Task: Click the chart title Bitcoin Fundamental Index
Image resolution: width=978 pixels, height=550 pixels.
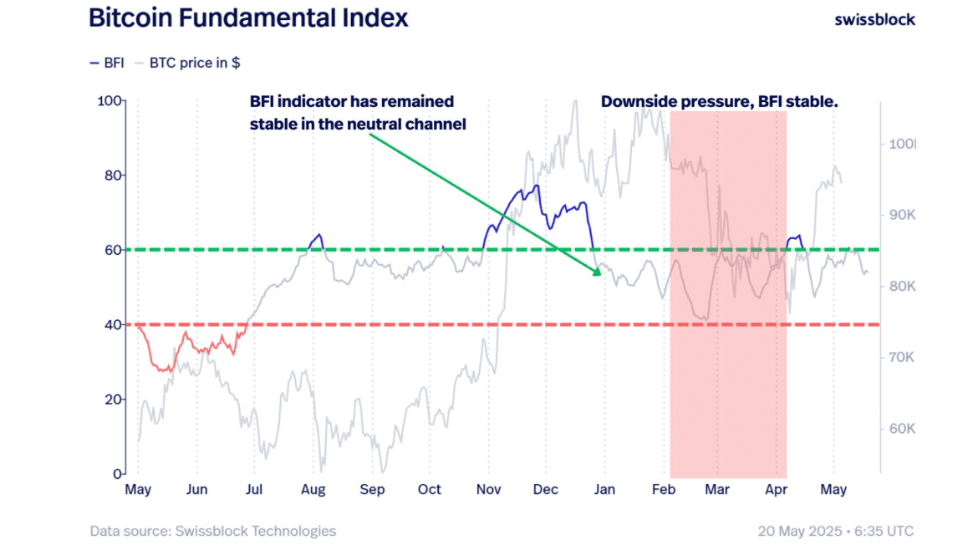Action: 248,18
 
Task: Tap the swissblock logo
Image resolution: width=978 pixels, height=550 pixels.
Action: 874,19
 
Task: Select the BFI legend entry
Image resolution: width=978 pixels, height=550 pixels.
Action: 106,63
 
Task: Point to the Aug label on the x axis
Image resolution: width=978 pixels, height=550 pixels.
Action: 313,490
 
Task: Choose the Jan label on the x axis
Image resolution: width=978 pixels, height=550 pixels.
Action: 604,490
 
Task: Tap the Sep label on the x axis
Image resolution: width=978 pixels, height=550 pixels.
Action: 372,490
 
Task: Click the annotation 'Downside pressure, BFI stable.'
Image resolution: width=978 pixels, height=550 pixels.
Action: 719,102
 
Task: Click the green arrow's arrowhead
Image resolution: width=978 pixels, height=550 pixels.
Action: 597,271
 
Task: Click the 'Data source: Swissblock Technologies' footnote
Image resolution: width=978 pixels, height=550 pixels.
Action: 213,531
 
